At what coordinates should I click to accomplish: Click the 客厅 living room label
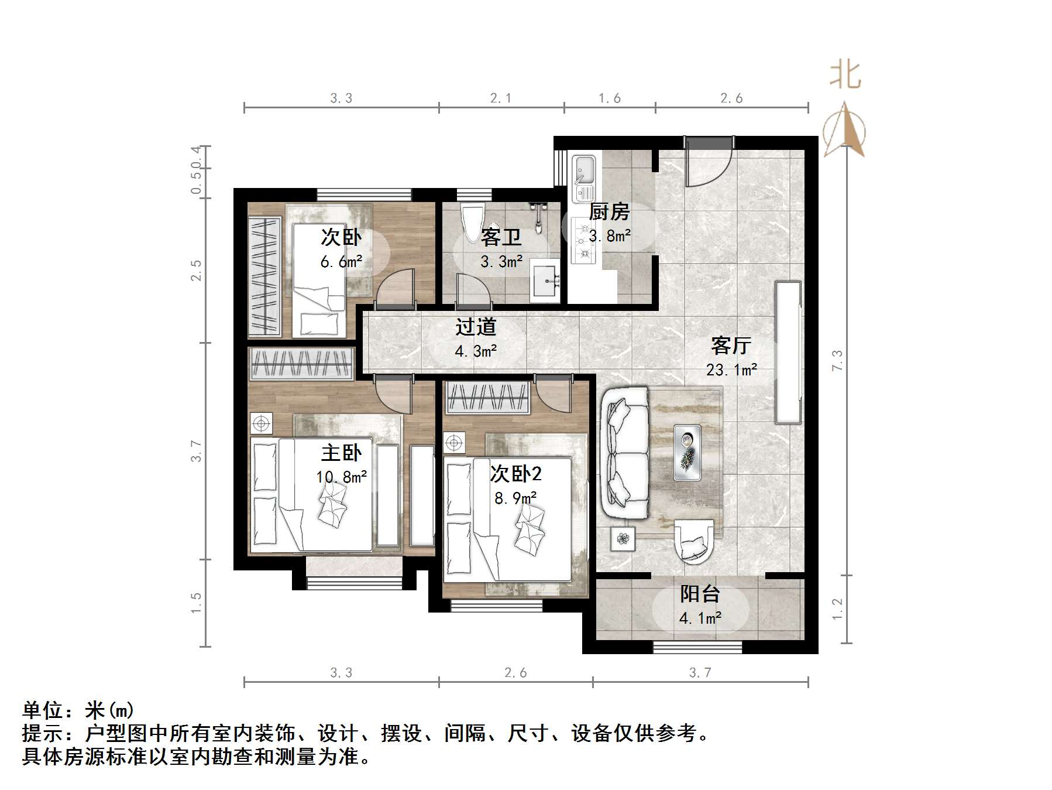(x=731, y=346)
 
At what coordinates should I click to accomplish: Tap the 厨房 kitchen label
(x=608, y=211)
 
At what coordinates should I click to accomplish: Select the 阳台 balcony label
(x=700, y=594)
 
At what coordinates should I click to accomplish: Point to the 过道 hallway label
(x=476, y=327)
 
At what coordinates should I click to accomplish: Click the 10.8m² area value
(x=342, y=477)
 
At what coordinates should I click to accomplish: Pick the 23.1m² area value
(x=731, y=370)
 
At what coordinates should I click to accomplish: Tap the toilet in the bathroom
(x=472, y=222)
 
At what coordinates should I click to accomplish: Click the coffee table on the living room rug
(x=687, y=453)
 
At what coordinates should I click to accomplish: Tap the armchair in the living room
(x=694, y=541)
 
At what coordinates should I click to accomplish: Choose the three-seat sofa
(x=625, y=453)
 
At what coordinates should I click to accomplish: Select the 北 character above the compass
(x=845, y=75)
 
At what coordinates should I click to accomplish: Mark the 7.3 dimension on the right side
(x=837, y=360)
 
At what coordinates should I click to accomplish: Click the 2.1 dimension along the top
(x=501, y=98)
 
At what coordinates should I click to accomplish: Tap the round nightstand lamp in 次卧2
(x=453, y=443)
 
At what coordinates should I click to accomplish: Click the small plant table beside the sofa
(x=623, y=538)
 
